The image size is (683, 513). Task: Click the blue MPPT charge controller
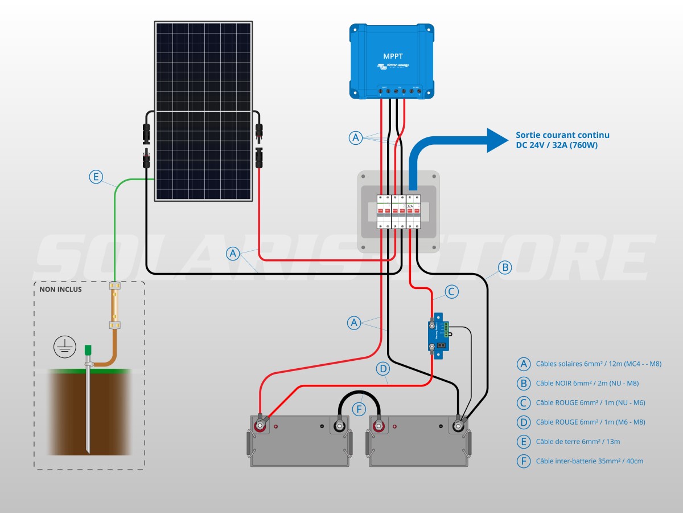click(x=392, y=59)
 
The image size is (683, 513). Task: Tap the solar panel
click(x=204, y=111)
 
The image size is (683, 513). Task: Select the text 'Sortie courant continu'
click(x=562, y=135)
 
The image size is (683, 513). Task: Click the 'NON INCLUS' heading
click(x=60, y=289)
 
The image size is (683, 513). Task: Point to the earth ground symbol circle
click(x=64, y=347)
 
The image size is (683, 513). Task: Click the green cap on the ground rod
click(x=88, y=350)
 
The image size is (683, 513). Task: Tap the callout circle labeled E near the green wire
click(x=96, y=177)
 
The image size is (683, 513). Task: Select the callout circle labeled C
click(x=451, y=292)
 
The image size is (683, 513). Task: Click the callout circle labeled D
click(x=383, y=369)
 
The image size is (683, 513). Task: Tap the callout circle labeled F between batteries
click(x=359, y=409)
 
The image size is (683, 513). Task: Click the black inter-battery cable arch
click(x=359, y=393)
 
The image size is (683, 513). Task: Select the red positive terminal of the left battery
click(x=261, y=425)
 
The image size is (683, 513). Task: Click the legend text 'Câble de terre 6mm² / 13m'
click(x=578, y=442)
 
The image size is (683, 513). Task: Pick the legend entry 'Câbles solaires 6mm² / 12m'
click(x=598, y=364)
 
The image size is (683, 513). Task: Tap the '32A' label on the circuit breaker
click(x=410, y=198)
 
